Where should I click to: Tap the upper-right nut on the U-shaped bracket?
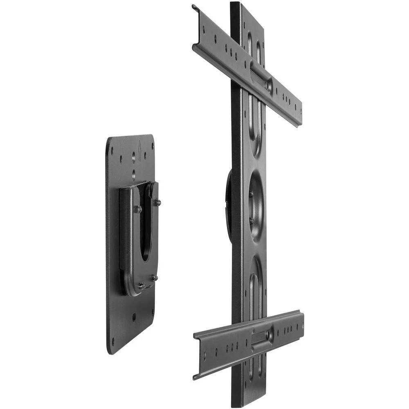point(157,202)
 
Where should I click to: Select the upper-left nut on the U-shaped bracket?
point(139,209)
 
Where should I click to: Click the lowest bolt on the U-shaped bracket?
point(141,285)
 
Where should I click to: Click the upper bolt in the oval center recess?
point(250,193)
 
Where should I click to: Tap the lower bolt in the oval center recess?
point(251,220)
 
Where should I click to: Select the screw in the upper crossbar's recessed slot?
point(268,85)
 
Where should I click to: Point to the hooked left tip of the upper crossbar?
point(195,8)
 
